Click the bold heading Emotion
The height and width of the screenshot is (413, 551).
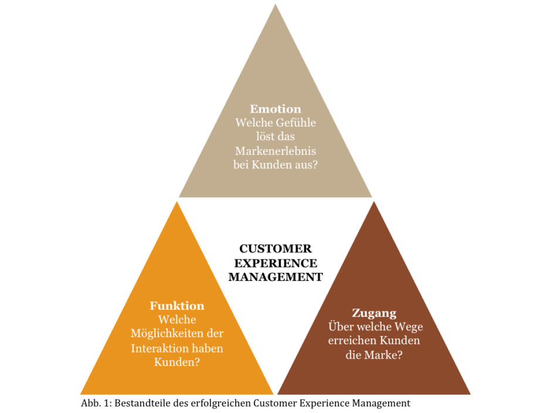coord(275,109)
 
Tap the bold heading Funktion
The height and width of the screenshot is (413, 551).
coord(177,306)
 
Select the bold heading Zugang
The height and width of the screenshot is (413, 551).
coord(374,313)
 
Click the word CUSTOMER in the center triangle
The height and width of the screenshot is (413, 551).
coord(275,249)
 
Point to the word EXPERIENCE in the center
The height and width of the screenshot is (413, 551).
coord(275,263)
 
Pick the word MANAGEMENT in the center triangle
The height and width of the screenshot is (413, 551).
coord(275,277)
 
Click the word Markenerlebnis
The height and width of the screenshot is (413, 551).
coord(275,151)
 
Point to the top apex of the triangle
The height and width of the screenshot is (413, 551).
coord(275,4)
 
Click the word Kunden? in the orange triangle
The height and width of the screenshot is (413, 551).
coord(177,362)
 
